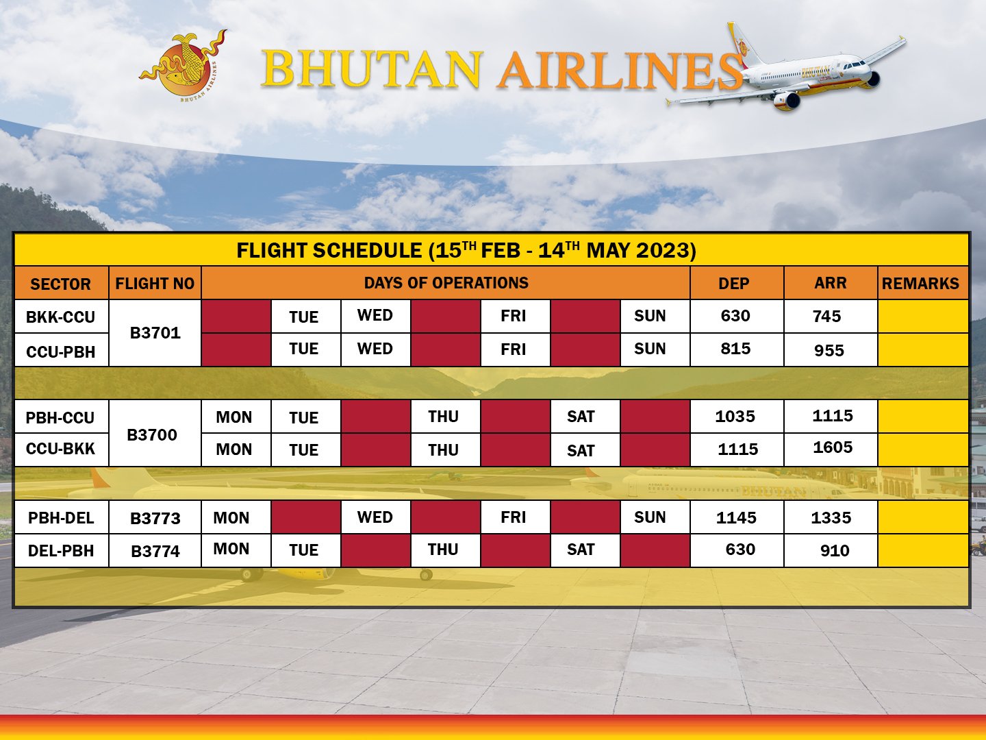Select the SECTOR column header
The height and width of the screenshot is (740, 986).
[61, 284]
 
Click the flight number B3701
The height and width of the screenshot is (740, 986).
[155, 333]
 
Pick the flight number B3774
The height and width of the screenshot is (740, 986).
[155, 551]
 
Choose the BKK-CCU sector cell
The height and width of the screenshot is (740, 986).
[61, 317]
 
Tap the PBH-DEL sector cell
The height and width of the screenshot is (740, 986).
[61, 518]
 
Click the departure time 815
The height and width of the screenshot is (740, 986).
[735, 349]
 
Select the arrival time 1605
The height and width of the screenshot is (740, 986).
[833, 448]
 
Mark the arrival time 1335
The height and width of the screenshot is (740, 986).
[831, 518]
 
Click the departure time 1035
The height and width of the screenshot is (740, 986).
[735, 417]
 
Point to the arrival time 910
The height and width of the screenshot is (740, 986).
[834, 551]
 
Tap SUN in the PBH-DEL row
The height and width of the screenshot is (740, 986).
[650, 517]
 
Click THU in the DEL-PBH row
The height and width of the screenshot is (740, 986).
[443, 550]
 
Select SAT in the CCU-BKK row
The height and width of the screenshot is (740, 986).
[581, 451]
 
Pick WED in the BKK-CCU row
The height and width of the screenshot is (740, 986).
[375, 316]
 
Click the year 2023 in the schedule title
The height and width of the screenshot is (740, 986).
[663, 250]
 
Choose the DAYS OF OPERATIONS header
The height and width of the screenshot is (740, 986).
[446, 283]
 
